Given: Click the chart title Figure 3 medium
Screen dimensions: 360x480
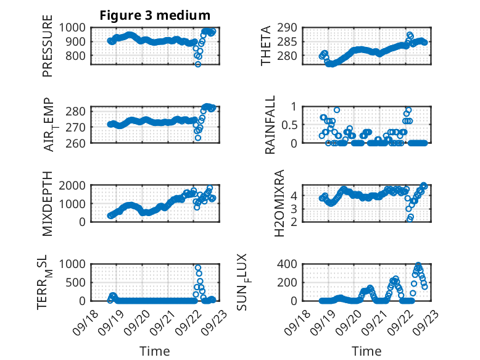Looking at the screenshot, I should point(155,15).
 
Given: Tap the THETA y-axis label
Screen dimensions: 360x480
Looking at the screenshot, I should point(266,46).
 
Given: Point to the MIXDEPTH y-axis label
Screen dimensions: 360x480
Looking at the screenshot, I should point(48,203).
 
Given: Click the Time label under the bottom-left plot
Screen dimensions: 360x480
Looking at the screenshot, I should point(155,351).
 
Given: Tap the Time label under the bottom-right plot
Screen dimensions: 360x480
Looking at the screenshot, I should point(366,351).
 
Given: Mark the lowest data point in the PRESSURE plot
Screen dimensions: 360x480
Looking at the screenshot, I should point(198,64).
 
